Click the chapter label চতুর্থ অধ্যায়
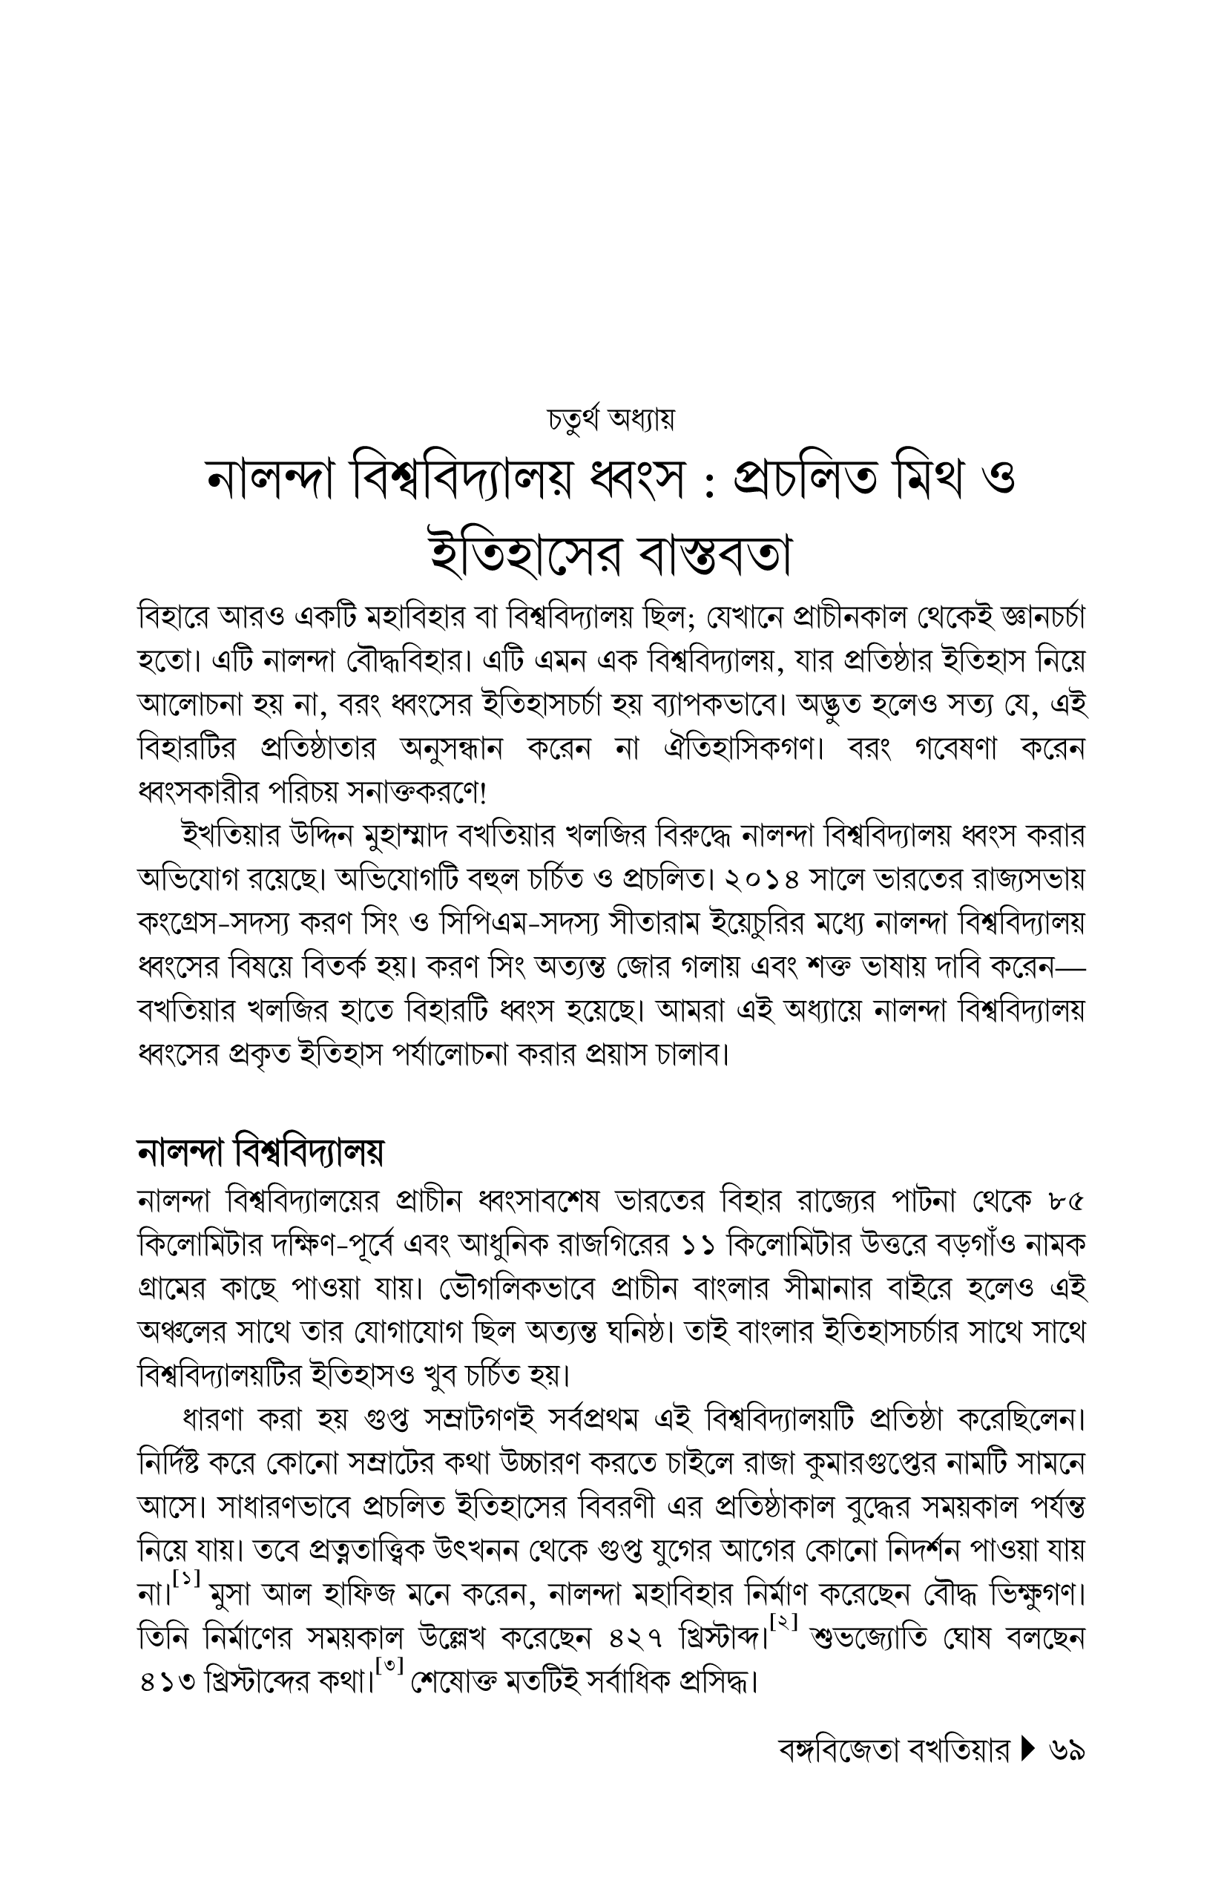pos(611,419)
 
